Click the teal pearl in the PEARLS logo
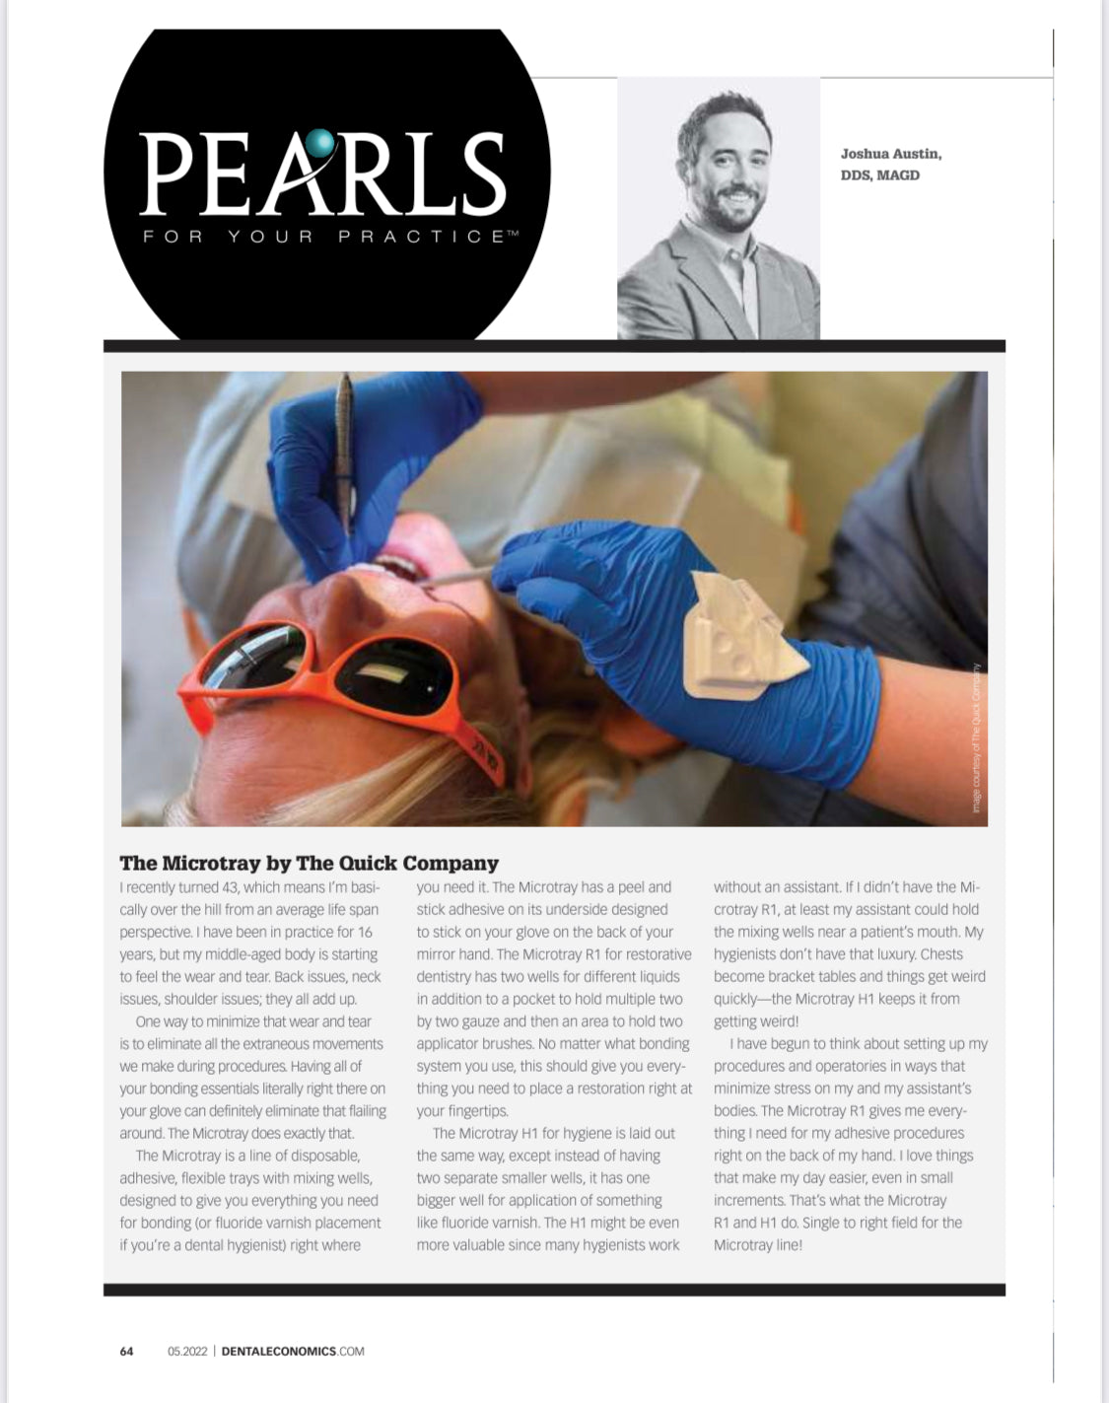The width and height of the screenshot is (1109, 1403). (320, 144)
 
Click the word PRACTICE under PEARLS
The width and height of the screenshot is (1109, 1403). (422, 237)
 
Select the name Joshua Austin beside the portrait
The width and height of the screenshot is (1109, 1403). (890, 154)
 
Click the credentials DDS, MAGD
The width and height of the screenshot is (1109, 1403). (879, 175)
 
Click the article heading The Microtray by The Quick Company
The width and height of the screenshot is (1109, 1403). (309, 863)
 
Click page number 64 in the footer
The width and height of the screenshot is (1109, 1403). (126, 1351)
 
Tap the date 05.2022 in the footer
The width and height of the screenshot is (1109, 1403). (187, 1351)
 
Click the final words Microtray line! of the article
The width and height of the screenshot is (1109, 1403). (758, 1245)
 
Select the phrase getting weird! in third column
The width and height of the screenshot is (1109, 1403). (756, 1021)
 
